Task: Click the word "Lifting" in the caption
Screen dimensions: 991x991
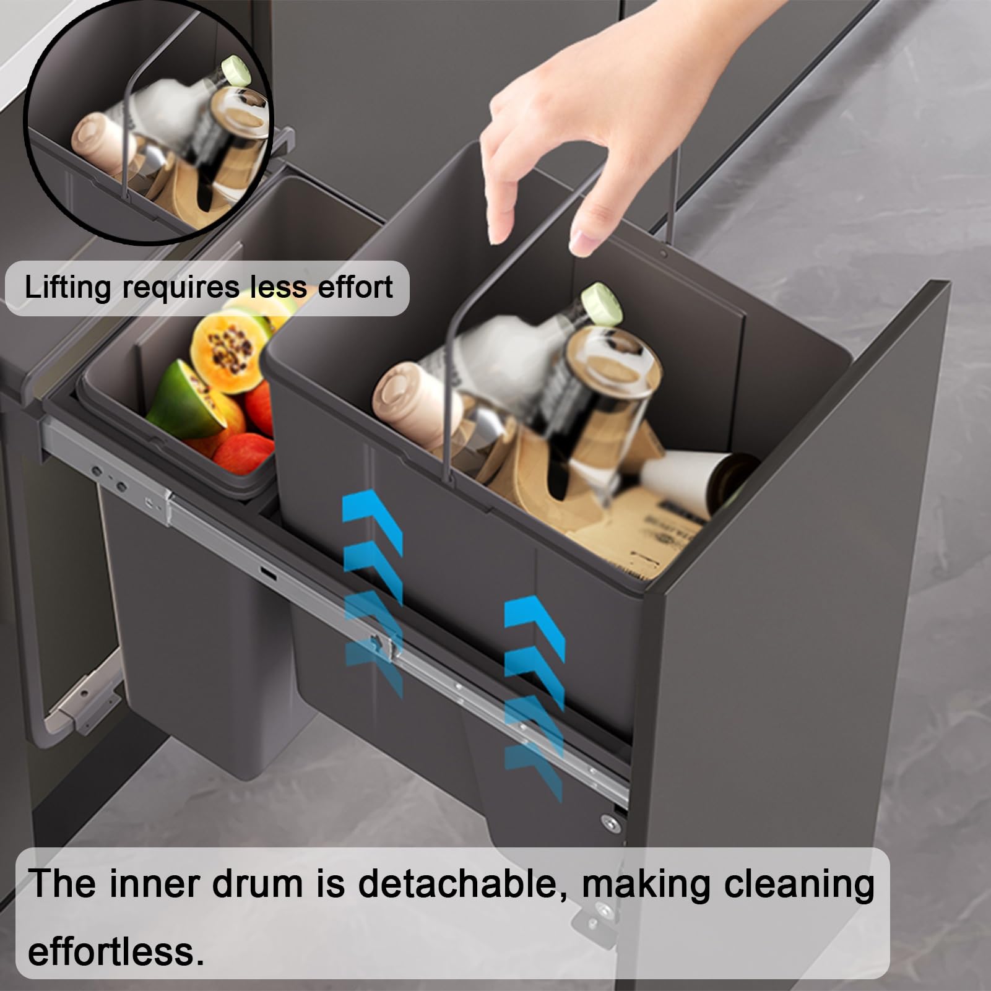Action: (68, 288)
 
